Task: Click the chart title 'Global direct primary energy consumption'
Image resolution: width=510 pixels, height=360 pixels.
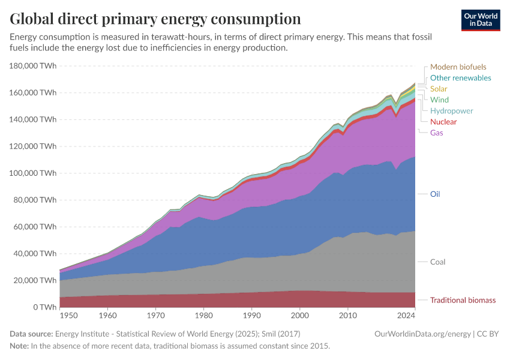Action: pos(155,18)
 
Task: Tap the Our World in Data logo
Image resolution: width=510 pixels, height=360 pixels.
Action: pos(480,20)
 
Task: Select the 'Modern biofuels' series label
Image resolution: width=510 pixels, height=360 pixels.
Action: pos(458,67)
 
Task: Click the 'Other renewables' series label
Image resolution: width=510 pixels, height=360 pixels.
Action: pos(460,78)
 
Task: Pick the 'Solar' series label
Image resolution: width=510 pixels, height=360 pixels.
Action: pos(439,89)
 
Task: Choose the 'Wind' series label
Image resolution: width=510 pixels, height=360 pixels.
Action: pos(439,100)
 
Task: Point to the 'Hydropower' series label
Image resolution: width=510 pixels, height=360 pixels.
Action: pos(451,111)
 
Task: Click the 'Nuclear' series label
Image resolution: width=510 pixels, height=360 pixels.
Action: pos(443,122)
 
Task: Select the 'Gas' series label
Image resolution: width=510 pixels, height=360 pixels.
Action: pos(437,133)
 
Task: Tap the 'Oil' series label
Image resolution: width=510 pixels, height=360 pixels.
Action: pos(436,194)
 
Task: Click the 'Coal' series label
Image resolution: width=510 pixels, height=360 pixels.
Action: pos(437,262)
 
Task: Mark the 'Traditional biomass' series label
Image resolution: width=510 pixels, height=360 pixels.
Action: pos(463,300)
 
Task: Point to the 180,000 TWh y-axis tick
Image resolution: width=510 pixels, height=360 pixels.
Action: pos(34,66)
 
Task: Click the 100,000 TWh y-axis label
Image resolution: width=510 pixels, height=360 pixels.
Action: pos(34,173)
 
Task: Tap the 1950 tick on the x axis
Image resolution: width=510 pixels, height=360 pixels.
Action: pos(68,315)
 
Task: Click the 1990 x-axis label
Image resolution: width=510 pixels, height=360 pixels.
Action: pos(251,315)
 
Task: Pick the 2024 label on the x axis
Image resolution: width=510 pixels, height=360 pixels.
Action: pos(406,315)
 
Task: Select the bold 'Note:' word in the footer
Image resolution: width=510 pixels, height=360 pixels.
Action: pos(19,346)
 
